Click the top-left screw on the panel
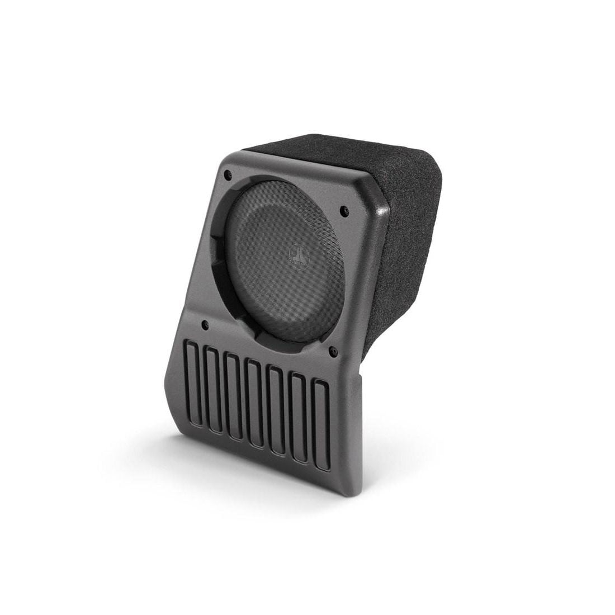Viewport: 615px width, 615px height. click(x=227, y=174)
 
